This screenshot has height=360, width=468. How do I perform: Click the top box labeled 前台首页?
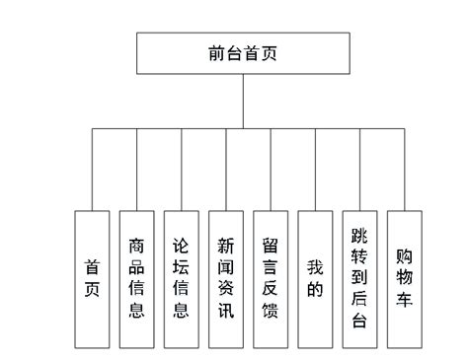(243, 53)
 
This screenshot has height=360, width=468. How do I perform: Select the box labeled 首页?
(92, 279)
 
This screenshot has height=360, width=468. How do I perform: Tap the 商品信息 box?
(136, 279)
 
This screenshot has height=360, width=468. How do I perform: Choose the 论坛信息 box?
(181, 279)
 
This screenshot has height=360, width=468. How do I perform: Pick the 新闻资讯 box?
(225, 279)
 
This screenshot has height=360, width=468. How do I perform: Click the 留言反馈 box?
(271, 279)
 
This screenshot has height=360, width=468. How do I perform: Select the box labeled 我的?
(315, 279)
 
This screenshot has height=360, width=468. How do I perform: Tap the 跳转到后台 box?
(359, 279)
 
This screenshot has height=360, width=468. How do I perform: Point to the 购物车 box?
(404, 279)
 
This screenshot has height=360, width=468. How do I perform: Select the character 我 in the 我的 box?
(315, 267)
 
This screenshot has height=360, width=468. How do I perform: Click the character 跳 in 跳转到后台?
(359, 236)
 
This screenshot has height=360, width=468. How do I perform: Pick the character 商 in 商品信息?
(136, 246)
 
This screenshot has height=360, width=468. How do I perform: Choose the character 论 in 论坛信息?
(181, 246)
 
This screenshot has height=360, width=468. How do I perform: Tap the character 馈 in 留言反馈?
(271, 313)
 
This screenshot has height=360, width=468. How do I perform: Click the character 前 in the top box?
(217, 53)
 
